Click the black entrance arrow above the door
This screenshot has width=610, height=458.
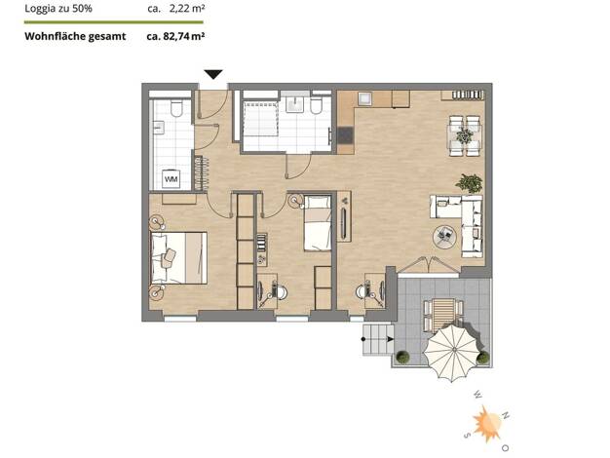tap(213, 74)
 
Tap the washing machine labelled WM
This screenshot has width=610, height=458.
tap(172, 179)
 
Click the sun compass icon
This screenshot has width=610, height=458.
tap(487, 424)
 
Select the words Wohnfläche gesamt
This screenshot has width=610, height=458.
tap(75, 37)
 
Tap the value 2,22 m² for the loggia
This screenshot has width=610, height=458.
tap(187, 9)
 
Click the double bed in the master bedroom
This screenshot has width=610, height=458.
tap(178, 258)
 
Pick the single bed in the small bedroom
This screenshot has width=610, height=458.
tap(318, 223)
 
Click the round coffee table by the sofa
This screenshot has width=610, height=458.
tap(445, 237)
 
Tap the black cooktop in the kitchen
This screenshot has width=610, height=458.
tap(346, 135)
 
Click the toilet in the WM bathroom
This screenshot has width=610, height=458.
tap(176, 108)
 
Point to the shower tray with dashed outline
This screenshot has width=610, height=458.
tap(259, 119)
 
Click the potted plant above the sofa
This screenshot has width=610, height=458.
tap(470, 183)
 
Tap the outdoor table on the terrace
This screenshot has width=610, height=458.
tap(443, 314)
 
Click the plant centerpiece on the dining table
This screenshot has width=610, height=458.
tap(465, 135)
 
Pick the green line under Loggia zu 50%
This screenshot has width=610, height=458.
tap(114, 22)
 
